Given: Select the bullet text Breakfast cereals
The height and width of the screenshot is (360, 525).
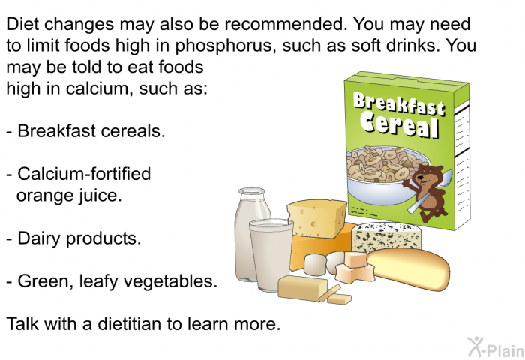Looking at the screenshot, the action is (x=91, y=130).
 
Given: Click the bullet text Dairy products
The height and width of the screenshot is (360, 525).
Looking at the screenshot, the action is (x=79, y=238).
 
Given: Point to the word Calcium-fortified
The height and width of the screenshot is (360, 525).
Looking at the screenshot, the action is (x=84, y=174).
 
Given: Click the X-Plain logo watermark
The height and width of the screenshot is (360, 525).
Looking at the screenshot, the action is (x=496, y=346).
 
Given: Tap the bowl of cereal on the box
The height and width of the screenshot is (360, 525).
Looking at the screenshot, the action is (x=382, y=174).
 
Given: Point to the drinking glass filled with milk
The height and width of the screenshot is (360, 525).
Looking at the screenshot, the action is (x=271, y=254).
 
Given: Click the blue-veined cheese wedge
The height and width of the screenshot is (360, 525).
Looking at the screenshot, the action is (x=386, y=236).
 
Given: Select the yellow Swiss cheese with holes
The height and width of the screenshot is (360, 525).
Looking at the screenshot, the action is (x=316, y=218).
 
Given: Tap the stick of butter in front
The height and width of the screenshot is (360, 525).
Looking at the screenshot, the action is (x=303, y=288).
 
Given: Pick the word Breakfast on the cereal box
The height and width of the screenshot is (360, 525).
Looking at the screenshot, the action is (x=399, y=103).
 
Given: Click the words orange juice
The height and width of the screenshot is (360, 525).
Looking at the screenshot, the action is (x=69, y=196).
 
